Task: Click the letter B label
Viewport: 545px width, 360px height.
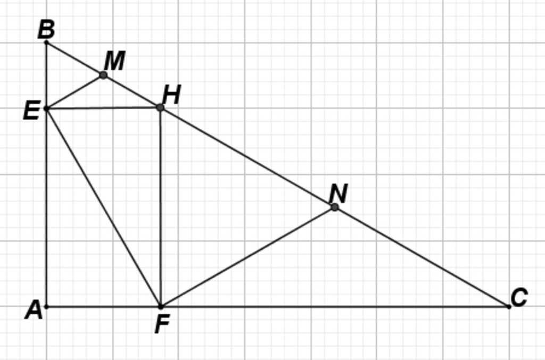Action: point(46,30)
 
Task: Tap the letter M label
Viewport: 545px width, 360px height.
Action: point(114,62)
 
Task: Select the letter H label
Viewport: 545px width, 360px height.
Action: point(171,96)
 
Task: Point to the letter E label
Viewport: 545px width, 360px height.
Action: point(32,111)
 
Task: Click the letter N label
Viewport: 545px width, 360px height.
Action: point(338,194)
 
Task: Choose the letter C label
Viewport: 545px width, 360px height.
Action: point(519,298)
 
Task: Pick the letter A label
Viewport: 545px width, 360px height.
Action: point(34,309)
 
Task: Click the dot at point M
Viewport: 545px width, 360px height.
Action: point(103,75)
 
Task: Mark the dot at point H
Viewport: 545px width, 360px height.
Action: point(160,107)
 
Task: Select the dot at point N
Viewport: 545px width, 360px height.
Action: point(334,207)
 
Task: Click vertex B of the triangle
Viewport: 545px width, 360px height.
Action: point(46,41)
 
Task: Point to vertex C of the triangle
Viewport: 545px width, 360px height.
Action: point(509,306)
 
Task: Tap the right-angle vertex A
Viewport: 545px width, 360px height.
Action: point(46,306)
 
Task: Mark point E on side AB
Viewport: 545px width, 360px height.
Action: point(46,108)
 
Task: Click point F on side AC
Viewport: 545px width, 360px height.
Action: point(160,306)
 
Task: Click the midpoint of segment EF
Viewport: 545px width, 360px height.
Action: point(103,207)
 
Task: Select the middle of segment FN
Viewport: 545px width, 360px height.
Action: point(247,257)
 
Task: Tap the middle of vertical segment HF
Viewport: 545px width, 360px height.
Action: point(160,207)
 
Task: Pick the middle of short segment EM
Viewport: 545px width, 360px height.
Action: point(75,92)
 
